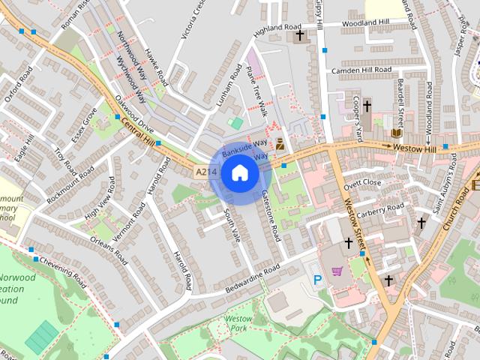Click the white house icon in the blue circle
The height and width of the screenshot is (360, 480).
point(239,173)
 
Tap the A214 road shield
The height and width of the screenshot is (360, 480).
point(206,172)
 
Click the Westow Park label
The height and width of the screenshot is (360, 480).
point(238,323)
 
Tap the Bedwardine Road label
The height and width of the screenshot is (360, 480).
point(252,278)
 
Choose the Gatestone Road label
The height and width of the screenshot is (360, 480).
point(271,215)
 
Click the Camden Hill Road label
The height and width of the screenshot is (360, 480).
point(362,70)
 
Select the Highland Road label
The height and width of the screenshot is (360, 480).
point(277,28)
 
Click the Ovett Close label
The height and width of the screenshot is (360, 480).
point(362,183)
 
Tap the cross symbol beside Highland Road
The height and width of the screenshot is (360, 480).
point(300,35)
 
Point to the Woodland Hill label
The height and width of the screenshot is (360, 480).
point(365,23)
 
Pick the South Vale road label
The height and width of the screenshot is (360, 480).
point(232,224)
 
